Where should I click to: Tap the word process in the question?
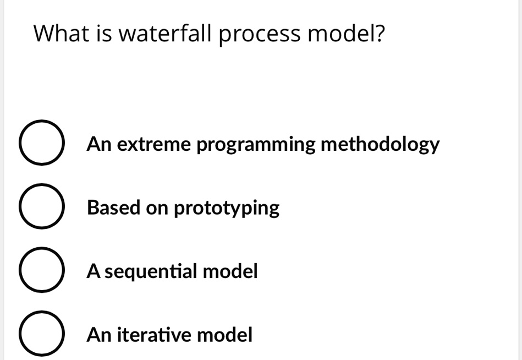[x=260, y=35]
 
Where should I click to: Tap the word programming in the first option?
[x=256, y=146]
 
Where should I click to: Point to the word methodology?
[x=380, y=146]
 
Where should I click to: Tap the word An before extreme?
[x=99, y=145]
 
